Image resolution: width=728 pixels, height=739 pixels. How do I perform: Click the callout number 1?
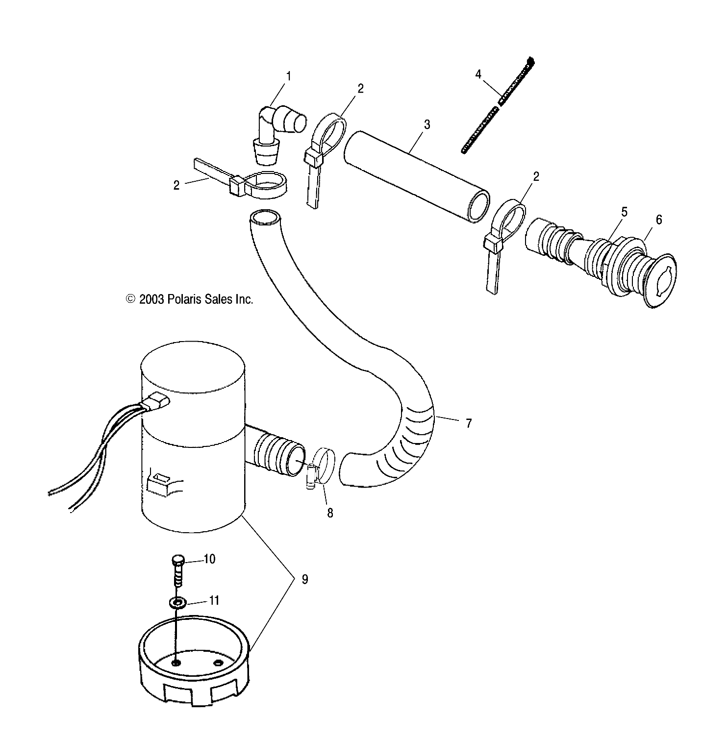click(x=288, y=76)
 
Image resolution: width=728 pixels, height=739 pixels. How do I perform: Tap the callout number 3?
click(x=427, y=125)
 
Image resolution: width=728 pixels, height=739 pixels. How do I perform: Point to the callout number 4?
click(x=478, y=74)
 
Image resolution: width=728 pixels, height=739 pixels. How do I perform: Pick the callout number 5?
click(x=624, y=213)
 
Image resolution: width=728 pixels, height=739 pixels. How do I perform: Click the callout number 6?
click(x=658, y=220)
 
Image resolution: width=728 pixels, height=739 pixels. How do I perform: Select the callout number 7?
click(x=468, y=423)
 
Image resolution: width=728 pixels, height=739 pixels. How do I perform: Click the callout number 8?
click(x=330, y=513)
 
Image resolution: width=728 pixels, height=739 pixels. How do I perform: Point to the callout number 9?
click(x=304, y=580)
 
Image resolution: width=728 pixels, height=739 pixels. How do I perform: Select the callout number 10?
click(x=209, y=559)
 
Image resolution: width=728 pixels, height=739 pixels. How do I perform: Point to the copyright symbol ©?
click(x=130, y=299)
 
